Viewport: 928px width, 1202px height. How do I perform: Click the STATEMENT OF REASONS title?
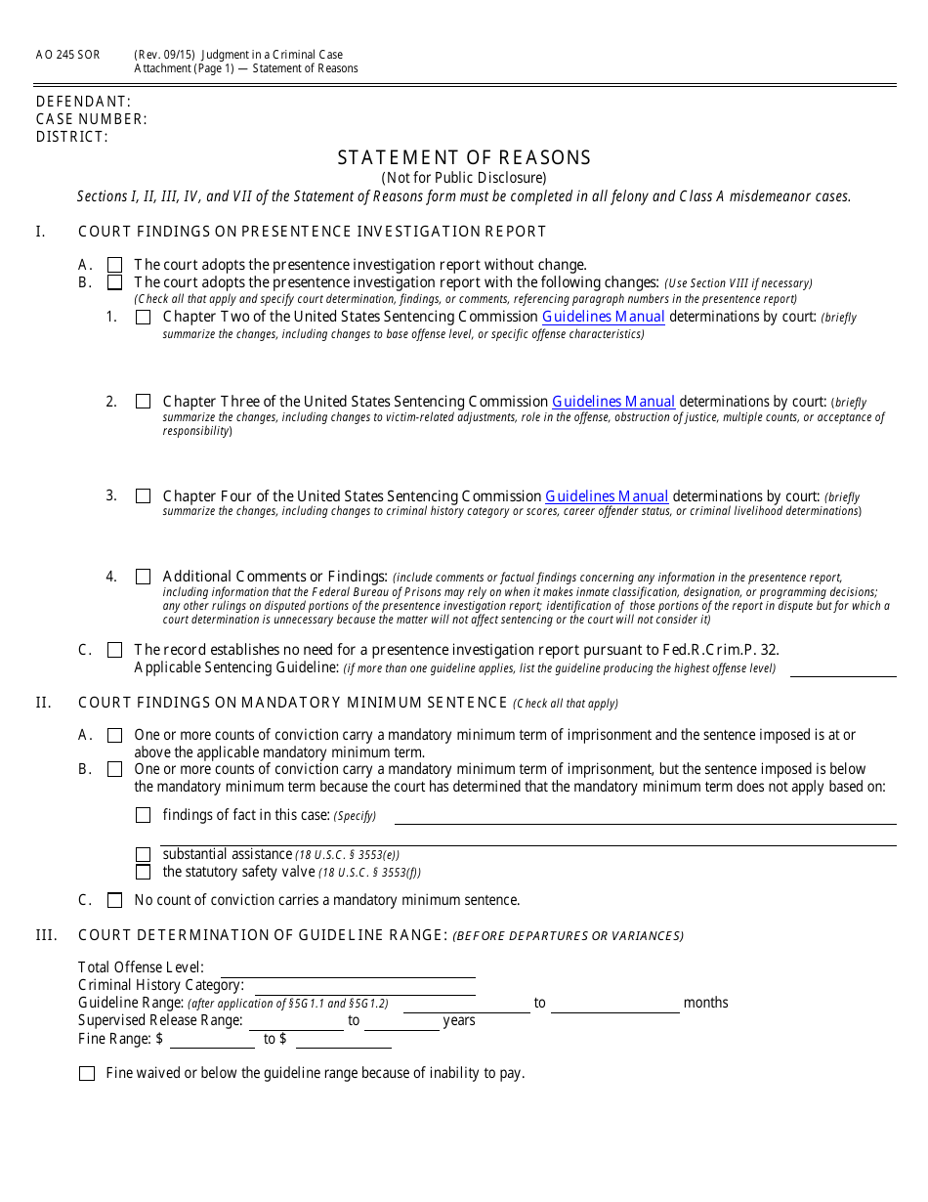(x=464, y=157)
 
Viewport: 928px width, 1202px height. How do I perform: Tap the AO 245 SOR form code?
(x=67, y=55)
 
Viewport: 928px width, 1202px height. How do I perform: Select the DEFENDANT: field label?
(x=83, y=102)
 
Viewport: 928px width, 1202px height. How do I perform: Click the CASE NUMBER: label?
(x=91, y=119)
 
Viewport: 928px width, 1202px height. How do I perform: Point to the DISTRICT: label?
(x=71, y=137)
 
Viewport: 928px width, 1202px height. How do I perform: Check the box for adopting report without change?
(x=115, y=265)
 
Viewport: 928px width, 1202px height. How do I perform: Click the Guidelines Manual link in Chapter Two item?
(x=604, y=317)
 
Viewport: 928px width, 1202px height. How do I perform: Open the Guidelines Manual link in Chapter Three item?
(x=613, y=402)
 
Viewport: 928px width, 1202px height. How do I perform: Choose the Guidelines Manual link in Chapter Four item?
(x=607, y=496)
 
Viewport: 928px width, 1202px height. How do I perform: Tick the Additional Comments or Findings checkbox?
(x=144, y=577)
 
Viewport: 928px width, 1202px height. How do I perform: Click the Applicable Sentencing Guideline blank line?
(x=842, y=669)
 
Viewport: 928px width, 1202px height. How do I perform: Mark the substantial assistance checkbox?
(x=144, y=855)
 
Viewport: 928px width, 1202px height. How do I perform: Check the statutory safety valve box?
(x=144, y=872)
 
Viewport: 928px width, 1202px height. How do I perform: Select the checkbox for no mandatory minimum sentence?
(x=115, y=900)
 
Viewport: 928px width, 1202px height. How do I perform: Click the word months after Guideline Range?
(x=705, y=1003)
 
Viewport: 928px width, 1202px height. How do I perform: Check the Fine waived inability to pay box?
(x=87, y=1073)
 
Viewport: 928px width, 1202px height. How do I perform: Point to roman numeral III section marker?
(x=46, y=935)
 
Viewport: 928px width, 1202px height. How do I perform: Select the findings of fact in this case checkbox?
(x=144, y=815)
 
